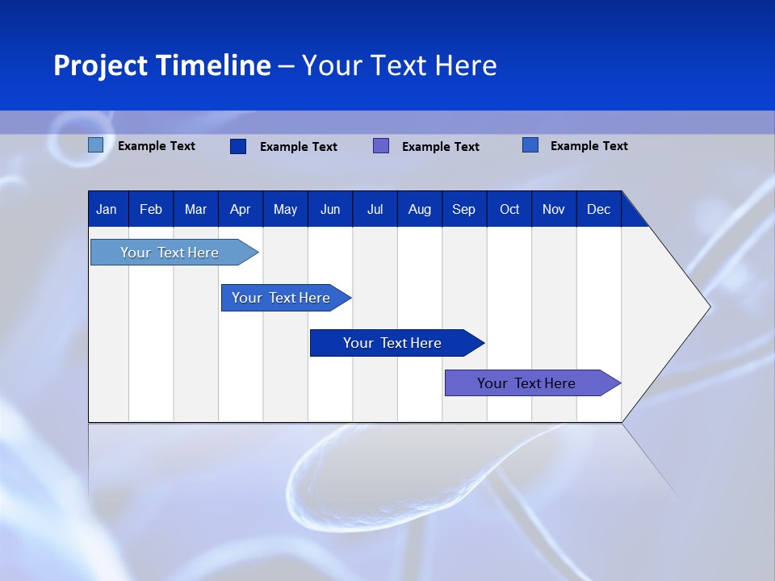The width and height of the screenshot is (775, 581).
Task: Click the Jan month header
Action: point(107,209)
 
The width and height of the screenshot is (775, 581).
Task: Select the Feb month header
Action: point(151,209)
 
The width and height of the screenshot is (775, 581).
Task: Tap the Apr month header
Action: point(240,209)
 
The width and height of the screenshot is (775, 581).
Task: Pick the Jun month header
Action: point(330,209)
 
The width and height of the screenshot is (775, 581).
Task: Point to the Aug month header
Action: point(419,209)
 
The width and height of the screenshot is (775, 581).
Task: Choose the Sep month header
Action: point(463,209)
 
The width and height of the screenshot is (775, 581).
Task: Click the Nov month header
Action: point(553,209)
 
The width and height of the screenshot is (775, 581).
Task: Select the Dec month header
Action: point(598,209)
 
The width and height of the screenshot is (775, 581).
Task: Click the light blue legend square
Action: point(96,145)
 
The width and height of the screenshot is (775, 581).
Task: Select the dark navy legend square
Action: point(238,146)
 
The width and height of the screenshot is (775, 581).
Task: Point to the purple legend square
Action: point(381,146)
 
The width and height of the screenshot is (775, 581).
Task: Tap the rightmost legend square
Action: point(530,145)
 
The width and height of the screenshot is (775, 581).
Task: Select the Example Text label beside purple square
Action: point(440,147)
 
